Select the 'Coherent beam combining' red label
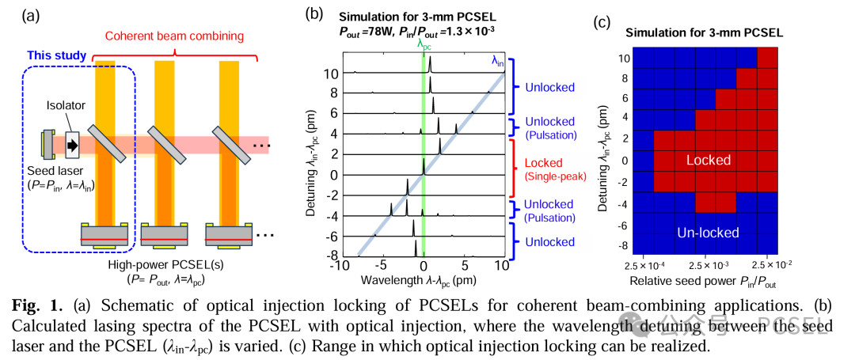pyautogui.click(x=174, y=37)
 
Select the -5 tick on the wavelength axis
pyautogui.click(x=379, y=266)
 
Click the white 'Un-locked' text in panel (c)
pyautogui.click(x=708, y=233)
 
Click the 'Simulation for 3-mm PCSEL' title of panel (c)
pyautogui.click(x=704, y=32)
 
